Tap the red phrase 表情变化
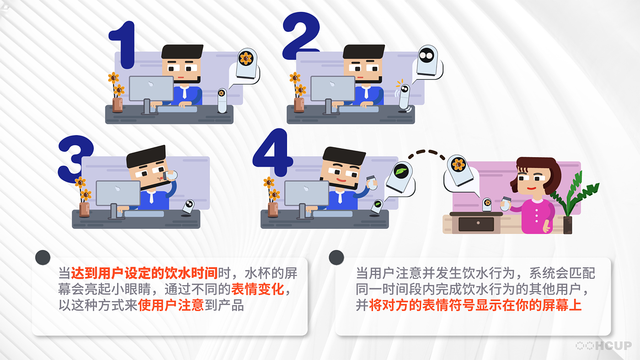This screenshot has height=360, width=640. coord(258,289)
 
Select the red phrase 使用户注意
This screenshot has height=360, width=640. coord(171,305)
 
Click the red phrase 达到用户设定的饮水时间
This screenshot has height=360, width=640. coord(144,273)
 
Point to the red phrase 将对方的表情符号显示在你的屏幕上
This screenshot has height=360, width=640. coord(475,305)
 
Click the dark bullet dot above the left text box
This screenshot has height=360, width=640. coord(43,258)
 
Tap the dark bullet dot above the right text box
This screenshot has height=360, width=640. coord(336,258)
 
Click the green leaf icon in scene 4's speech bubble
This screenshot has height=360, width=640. coord(401,171)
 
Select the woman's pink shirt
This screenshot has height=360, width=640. coord(536,216)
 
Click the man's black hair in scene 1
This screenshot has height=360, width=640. coord(182,51)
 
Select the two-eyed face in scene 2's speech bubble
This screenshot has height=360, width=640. coord(427,55)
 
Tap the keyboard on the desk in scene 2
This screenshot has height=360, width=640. coord(358,109)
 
